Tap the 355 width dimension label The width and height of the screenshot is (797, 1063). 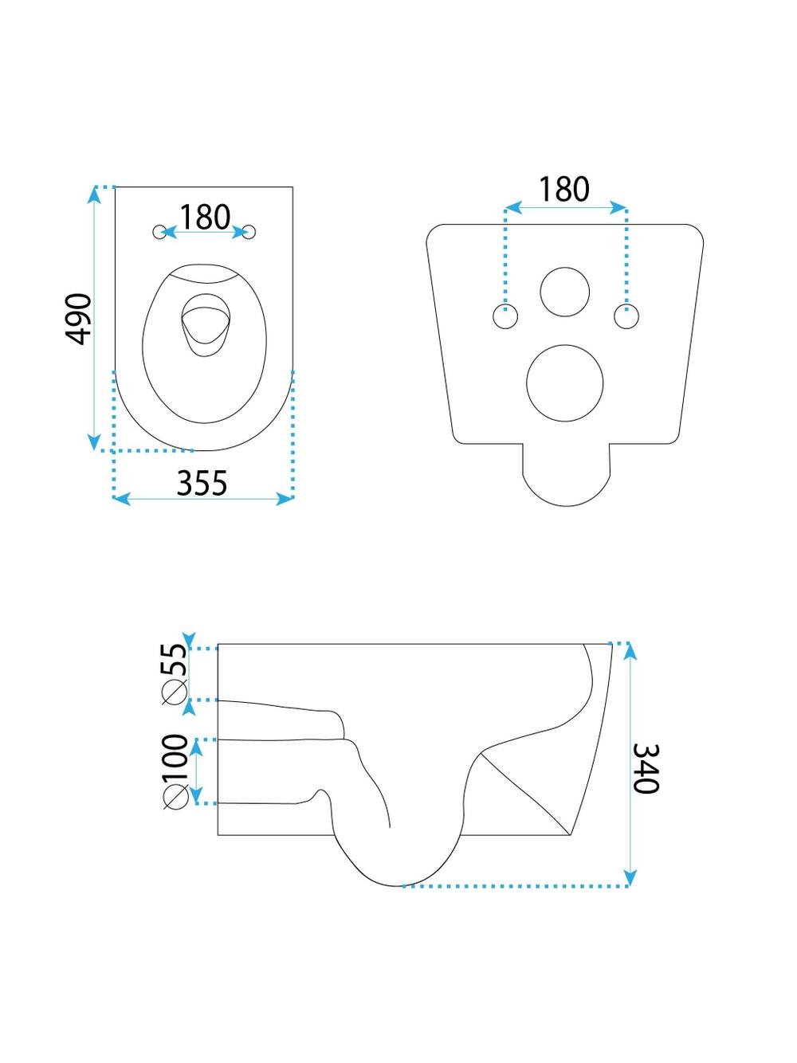pyautogui.click(x=202, y=483)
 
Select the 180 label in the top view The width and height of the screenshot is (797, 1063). pyautogui.click(x=205, y=217)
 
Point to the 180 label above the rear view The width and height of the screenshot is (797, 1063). pyautogui.click(x=564, y=190)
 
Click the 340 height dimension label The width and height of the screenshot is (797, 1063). pyautogui.click(x=645, y=768)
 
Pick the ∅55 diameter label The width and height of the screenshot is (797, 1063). pyautogui.click(x=174, y=673)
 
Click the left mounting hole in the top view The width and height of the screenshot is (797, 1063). pyautogui.click(x=160, y=232)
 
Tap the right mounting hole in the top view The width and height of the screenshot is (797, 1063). pyautogui.click(x=251, y=232)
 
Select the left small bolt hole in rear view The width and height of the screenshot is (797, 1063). pyautogui.click(x=505, y=316)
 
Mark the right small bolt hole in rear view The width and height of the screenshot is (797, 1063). pyautogui.click(x=626, y=316)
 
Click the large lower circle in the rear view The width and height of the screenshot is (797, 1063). pyautogui.click(x=565, y=383)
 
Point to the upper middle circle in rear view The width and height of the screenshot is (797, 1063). pyautogui.click(x=565, y=292)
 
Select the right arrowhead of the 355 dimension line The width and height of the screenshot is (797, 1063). pyautogui.click(x=288, y=499)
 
